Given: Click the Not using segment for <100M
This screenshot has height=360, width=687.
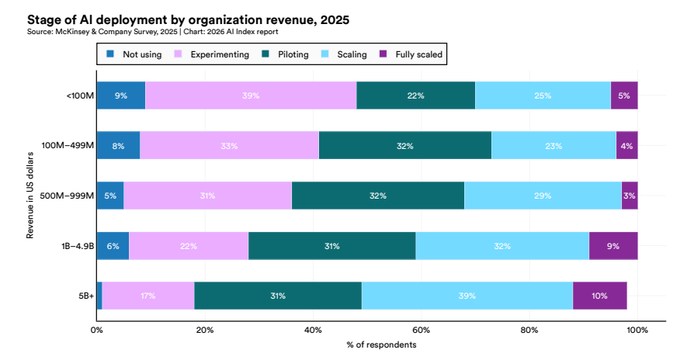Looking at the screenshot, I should [x=120, y=95].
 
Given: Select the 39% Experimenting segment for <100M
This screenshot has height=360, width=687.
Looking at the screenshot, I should [x=251, y=95].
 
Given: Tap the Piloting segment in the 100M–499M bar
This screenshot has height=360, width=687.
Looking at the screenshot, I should [x=404, y=145].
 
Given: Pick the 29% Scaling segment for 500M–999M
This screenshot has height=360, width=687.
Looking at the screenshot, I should [x=543, y=196].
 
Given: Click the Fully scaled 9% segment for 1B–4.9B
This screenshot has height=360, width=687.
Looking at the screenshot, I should [x=613, y=246].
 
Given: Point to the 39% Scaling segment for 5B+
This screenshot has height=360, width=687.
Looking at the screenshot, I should [x=467, y=296].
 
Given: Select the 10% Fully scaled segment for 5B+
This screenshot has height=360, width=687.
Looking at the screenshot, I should [x=599, y=296].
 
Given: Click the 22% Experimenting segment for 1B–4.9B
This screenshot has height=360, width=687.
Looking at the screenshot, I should [x=189, y=246].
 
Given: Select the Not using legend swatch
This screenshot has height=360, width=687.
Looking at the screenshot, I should [x=110, y=54].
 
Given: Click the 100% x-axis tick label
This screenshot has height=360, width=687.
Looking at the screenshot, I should [x=637, y=330].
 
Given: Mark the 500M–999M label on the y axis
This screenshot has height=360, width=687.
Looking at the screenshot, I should [x=68, y=196].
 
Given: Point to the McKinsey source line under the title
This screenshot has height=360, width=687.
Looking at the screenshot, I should [x=152, y=32].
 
